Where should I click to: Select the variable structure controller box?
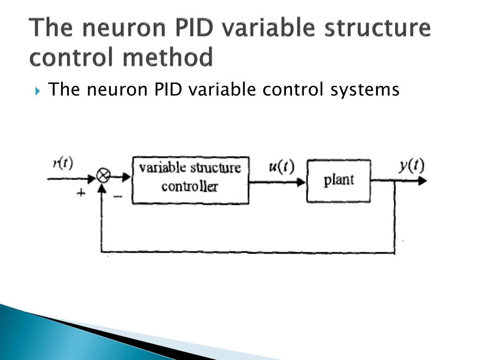click(190, 180)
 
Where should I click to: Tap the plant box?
click(338, 180)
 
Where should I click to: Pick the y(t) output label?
click(411, 166)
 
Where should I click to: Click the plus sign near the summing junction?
click(81, 193)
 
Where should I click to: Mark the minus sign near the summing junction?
click(118, 197)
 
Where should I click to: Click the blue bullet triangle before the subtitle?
click(38, 90)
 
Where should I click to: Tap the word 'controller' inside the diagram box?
click(189, 187)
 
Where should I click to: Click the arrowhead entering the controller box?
click(126, 177)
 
